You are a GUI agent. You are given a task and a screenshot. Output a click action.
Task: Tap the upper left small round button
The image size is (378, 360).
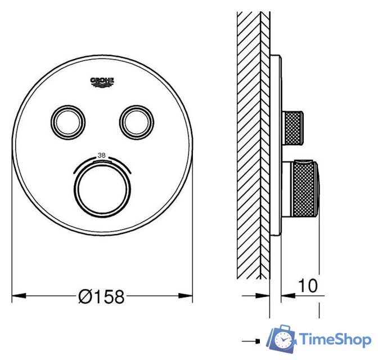69,120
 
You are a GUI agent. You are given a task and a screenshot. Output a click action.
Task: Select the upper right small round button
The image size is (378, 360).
135,120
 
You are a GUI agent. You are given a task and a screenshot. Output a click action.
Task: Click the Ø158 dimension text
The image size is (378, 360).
102,296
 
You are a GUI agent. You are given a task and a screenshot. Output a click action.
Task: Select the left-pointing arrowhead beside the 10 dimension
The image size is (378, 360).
286,294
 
